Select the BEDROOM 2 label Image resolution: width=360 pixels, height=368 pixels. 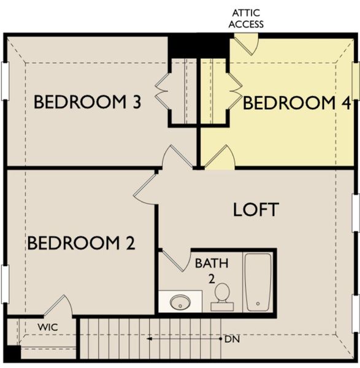81,243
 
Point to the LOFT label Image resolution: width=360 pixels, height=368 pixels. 256,209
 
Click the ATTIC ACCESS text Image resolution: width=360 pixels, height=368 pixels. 247,18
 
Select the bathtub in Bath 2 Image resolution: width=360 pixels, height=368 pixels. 258,282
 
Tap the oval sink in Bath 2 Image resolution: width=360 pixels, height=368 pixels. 180,302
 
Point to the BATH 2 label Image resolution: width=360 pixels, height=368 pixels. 212,270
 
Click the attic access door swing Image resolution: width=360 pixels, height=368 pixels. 247,43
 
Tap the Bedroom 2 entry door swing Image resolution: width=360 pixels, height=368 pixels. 145,188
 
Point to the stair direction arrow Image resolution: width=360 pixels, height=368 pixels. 184,339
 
